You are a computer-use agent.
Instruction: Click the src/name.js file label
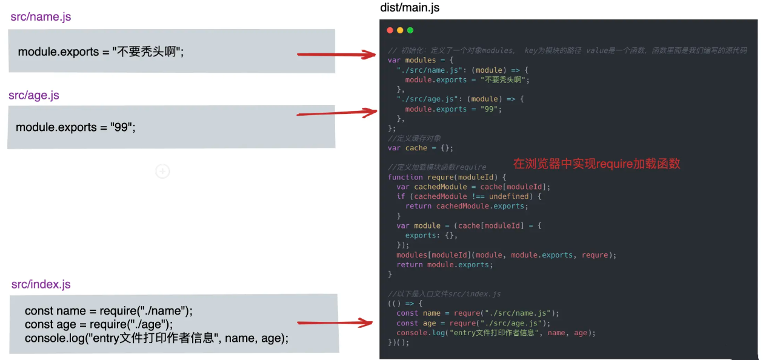pos(41,17)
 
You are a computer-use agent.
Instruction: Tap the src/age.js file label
pos(34,96)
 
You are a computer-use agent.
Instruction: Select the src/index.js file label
pos(41,284)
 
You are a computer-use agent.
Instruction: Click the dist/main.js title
pos(410,8)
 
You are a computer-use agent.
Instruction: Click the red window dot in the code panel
pos(390,30)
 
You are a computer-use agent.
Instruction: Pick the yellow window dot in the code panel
pos(400,30)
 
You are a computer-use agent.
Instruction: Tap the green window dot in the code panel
pos(410,30)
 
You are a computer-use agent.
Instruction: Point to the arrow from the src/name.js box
pos(337,55)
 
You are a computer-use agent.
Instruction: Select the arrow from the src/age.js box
pos(337,113)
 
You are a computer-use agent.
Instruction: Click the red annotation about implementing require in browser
pos(596,163)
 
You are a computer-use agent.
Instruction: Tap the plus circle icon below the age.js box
pos(162,172)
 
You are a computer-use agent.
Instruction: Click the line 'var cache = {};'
pos(421,148)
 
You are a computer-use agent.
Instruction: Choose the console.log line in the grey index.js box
pos(156,338)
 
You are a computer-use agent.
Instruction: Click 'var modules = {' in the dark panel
pos(420,60)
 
